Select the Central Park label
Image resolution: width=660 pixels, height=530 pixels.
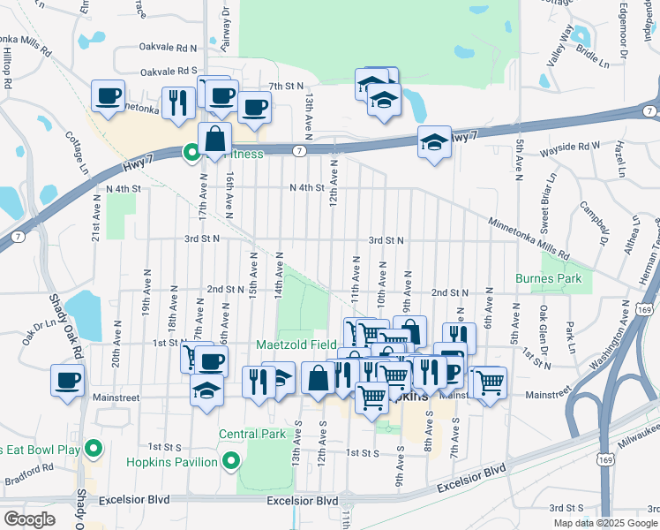[x=253, y=434]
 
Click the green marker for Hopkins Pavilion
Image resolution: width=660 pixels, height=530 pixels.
[x=231, y=461]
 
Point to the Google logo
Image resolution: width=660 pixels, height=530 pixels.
[x=29, y=519]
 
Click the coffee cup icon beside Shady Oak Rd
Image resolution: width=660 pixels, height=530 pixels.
[x=67, y=381]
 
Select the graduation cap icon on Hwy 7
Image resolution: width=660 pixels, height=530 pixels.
[x=434, y=145]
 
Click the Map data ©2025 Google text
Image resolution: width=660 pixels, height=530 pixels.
[x=604, y=523]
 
